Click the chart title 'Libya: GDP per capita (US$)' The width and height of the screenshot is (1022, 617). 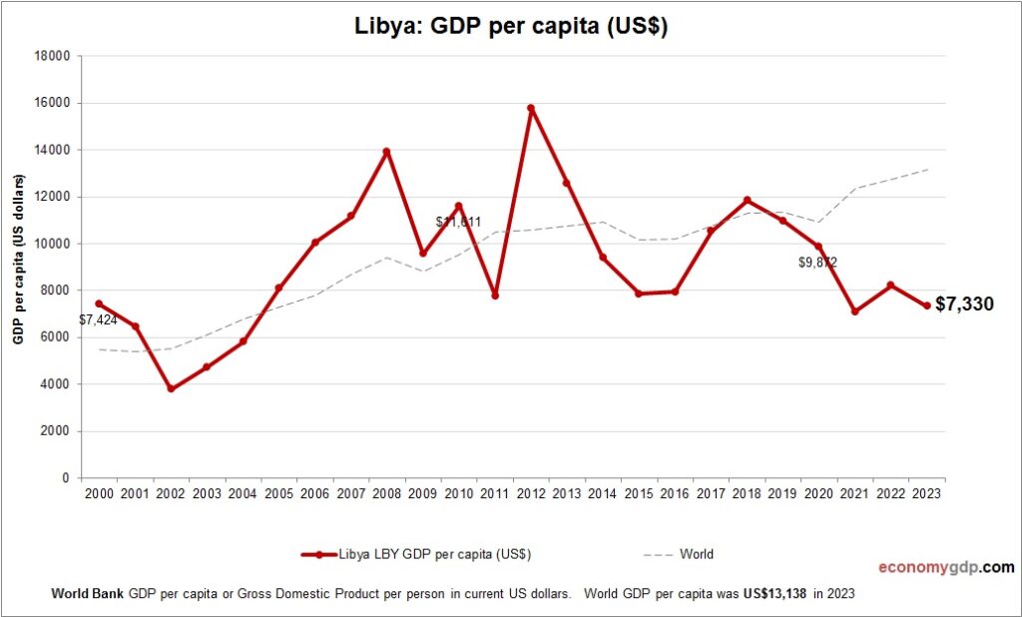tap(511, 27)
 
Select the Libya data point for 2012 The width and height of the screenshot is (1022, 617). tap(531, 108)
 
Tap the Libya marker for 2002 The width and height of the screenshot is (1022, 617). tap(171, 388)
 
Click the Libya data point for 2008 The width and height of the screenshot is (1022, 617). tap(386, 152)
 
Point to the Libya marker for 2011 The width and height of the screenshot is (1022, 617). tap(495, 296)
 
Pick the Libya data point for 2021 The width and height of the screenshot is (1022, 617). tap(854, 311)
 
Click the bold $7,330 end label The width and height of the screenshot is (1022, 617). tap(964, 305)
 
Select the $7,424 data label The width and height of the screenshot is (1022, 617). tap(99, 320)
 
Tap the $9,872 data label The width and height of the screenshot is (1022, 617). tap(817, 263)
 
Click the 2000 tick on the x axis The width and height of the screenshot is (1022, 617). tap(99, 493)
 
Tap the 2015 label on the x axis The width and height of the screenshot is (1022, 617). tap(639, 493)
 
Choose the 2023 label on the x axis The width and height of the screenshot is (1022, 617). tap(926, 493)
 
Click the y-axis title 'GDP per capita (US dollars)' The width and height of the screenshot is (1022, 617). tap(19, 260)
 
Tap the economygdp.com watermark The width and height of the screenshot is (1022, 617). tap(945, 567)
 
